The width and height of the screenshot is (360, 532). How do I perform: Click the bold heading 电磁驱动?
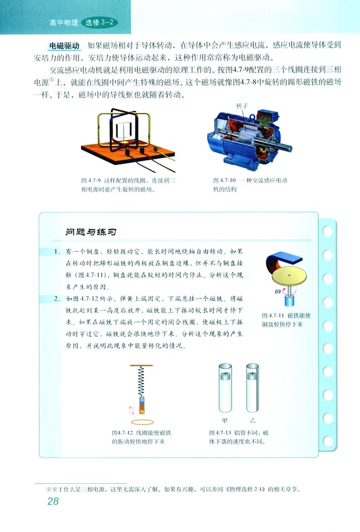pos(64,46)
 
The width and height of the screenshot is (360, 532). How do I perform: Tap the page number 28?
pos(53,501)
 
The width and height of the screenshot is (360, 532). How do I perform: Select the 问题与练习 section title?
pos(91,232)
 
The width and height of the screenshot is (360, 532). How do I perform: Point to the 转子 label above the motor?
pos(242,106)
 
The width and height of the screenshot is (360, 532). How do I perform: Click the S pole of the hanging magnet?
pos(142,400)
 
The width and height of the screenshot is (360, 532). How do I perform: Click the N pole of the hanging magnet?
pos(142,410)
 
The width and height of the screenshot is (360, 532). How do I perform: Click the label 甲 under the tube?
pos(224,421)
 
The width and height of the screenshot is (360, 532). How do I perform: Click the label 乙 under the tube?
pos(253,421)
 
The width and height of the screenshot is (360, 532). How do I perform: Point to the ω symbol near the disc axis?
pos(277,291)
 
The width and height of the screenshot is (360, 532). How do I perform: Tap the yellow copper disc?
pos(289,276)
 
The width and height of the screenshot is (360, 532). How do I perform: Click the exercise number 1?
pos(56,252)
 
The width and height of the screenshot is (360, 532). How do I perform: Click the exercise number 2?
pos(56,299)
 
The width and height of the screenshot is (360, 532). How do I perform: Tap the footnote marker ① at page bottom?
pos(49,489)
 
